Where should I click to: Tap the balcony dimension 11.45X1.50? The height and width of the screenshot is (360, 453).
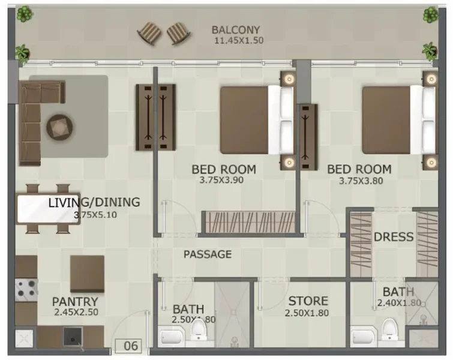[238, 41]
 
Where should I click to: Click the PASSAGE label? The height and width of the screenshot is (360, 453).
[208, 254]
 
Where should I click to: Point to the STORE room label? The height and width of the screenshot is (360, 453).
[308, 301]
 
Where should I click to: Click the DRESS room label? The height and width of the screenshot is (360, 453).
[394, 236]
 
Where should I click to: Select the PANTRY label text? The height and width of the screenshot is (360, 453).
[75, 301]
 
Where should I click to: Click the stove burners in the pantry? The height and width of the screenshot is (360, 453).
[26, 289]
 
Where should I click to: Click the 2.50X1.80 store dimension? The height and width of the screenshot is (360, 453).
[308, 313]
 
